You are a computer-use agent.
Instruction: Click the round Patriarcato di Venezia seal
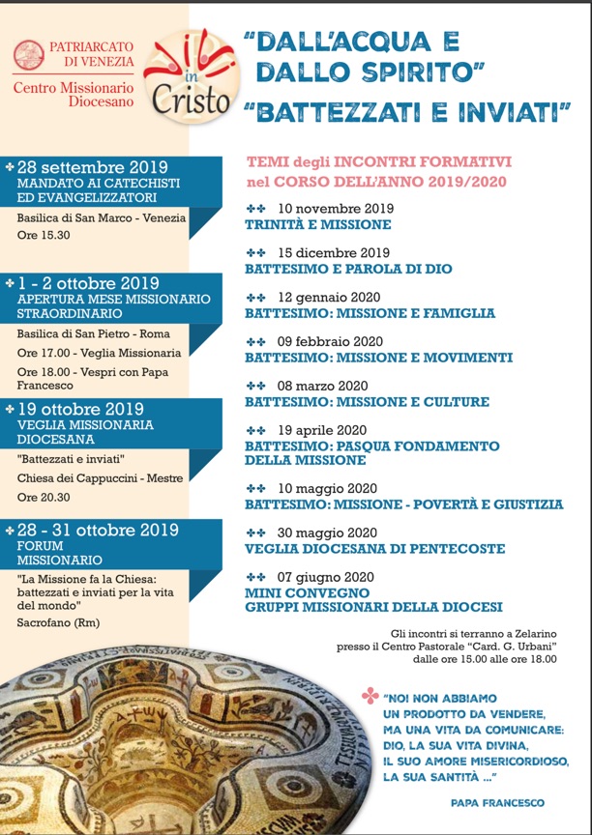click(x=29, y=54)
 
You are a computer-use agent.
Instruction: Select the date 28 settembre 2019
click(x=92, y=167)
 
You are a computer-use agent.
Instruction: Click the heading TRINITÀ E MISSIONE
click(x=318, y=224)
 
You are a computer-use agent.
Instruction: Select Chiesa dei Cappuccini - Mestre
click(x=100, y=476)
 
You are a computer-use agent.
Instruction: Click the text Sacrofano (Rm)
click(x=57, y=621)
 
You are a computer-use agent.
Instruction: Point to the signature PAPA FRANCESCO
click(x=497, y=802)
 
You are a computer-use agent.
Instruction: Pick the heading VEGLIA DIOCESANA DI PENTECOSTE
click(x=374, y=549)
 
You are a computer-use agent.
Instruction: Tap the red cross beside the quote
click(x=369, y=696)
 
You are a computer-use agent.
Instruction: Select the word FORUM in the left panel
click(x=43, y=545)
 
